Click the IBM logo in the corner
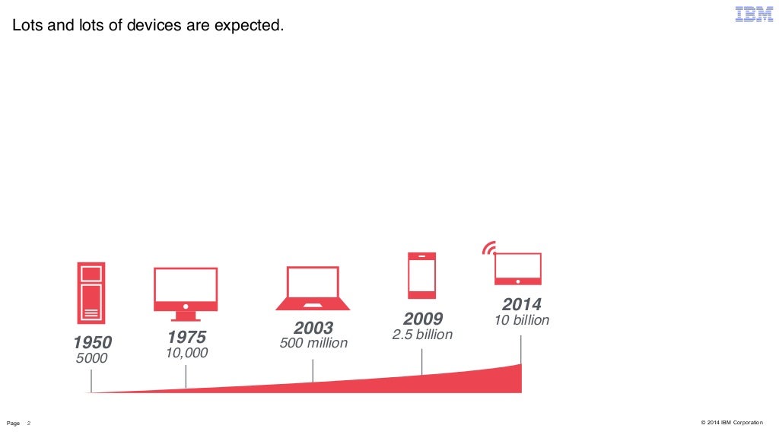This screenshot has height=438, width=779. (753, 14)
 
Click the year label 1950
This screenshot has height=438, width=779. (92, 343)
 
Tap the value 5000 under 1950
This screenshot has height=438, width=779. (92, 358)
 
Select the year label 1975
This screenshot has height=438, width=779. (186, 337)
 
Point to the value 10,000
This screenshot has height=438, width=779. (186, 353)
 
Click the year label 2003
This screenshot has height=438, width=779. (313, 328)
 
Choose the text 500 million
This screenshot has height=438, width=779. (313, 343)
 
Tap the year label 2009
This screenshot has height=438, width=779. (422, 319)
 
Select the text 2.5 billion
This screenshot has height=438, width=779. (422, 335)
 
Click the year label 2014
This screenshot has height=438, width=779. (521, 305)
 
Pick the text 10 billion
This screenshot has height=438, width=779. (521, 320)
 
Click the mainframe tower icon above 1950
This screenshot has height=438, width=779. (91, 294)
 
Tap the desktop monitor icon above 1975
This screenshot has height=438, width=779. (186, 294)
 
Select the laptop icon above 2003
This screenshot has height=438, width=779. (313, 288)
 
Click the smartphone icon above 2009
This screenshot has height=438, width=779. (421, 275)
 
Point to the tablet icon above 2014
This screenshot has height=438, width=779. (518, 268)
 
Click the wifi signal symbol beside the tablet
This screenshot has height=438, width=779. (489, 248)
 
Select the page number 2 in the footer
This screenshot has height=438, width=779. (29, 423)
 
